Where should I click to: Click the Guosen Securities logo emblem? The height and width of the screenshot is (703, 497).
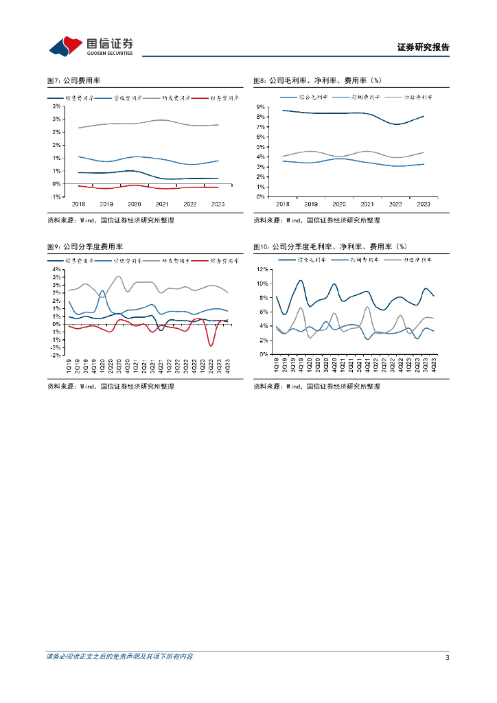65,46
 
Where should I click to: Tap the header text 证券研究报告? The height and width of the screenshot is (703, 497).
423,48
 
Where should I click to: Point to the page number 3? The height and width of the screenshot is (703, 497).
447,657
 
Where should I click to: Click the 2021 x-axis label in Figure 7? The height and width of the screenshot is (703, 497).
162,204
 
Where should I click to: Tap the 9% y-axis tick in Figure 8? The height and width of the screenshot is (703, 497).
260,107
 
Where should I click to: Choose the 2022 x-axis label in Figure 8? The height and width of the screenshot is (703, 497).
395,204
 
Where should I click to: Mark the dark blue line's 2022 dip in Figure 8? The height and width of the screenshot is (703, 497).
396,124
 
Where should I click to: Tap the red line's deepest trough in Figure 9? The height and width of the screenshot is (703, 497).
211,345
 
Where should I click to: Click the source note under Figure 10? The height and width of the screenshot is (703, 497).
316,387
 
